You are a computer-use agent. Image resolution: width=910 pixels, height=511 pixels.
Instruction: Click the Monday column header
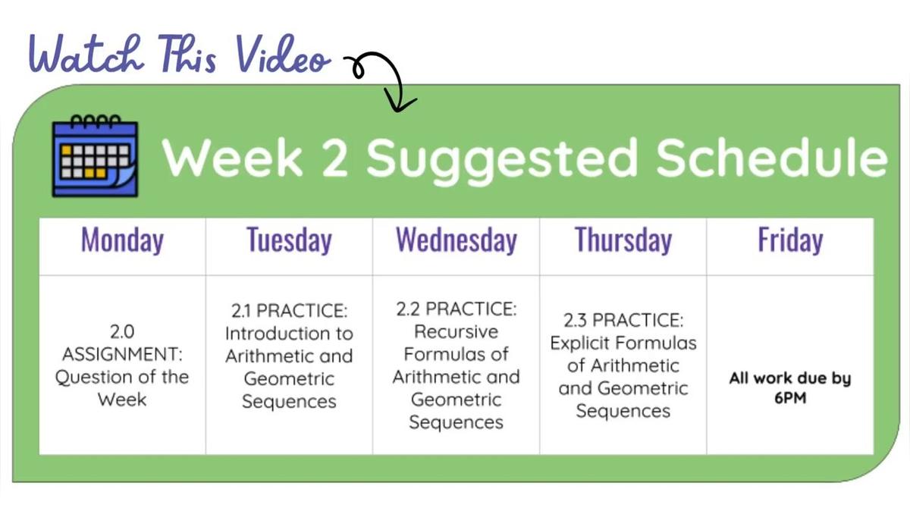122,240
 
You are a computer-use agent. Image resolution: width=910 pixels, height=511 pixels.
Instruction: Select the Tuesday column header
289,240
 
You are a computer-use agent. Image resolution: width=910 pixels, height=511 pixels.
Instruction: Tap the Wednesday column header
457,240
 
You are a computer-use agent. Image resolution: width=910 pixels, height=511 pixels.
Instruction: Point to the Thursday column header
623,240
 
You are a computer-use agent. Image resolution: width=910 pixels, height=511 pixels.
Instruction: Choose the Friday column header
790,240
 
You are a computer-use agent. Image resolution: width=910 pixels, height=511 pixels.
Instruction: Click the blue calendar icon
95,156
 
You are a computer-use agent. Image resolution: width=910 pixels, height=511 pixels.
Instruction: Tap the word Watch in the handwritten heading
86,55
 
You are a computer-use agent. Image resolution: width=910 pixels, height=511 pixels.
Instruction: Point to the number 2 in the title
335,158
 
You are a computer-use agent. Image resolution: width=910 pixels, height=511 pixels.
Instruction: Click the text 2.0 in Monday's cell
122,332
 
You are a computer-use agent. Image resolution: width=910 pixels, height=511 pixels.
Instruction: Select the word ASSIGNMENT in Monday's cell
122,354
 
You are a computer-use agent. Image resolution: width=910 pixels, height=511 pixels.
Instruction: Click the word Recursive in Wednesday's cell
456,332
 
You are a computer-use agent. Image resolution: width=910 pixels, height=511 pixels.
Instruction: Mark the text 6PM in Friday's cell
790,398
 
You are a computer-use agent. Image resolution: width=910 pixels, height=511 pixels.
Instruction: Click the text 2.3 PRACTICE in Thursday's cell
623,321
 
